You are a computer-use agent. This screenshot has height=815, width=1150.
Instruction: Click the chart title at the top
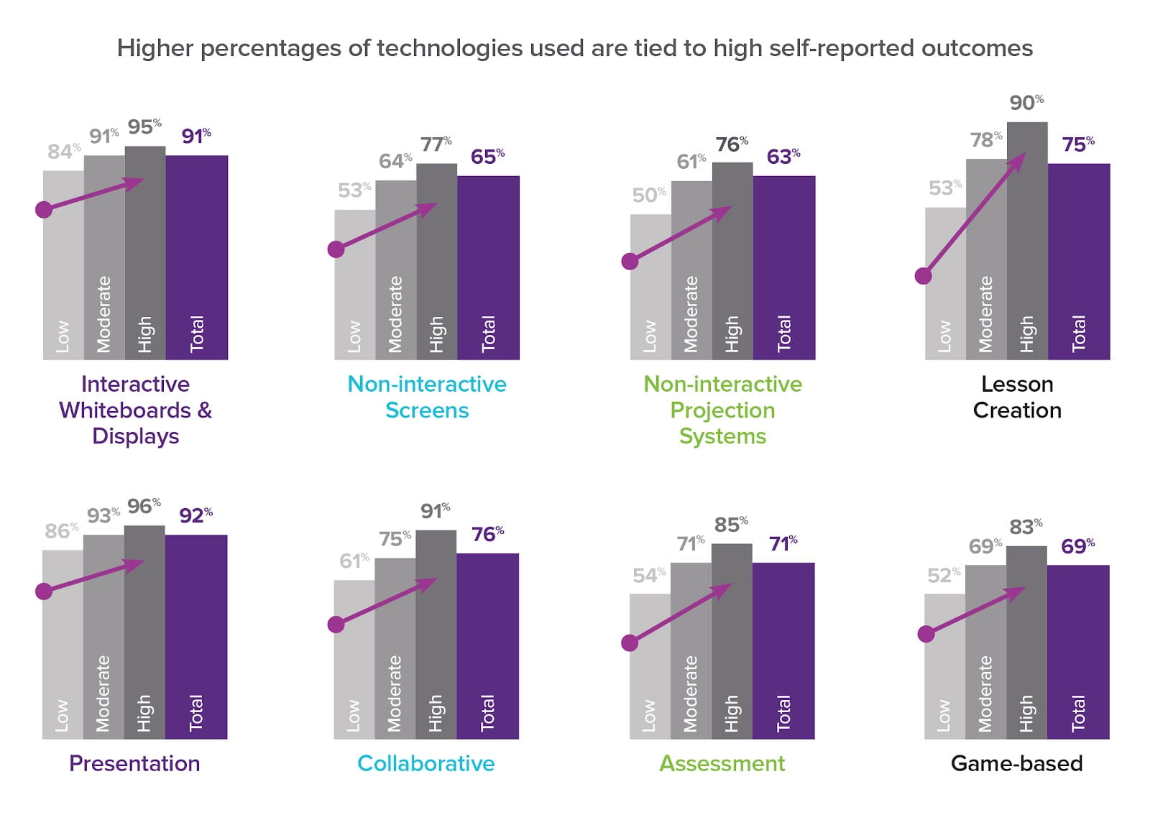click(x=574, y=48)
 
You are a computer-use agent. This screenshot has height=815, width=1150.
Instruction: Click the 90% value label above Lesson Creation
click(x=1026, y=102)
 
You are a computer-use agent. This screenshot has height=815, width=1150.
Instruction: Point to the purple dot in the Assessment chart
click(x=630, y=643)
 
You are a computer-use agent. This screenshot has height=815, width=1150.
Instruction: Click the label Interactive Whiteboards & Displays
click(x=135, y=410)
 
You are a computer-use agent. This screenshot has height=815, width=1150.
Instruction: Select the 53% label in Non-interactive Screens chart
click(x=354, y=190)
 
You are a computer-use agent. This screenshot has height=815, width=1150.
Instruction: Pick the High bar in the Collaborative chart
click(x=436, y=647)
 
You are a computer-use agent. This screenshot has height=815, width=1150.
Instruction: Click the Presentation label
click(x=134, y=763)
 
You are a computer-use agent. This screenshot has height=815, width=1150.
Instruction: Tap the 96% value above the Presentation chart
click(x=144, y=506)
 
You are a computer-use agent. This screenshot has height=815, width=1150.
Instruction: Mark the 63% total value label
click(x=783, y=157)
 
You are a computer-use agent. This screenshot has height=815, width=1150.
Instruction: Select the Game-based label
click(x=1016, y=763)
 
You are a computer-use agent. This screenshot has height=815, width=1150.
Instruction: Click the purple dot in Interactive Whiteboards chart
click(x=44, y=210)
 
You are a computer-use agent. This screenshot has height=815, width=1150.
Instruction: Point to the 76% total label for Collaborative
click(x=487, y=535)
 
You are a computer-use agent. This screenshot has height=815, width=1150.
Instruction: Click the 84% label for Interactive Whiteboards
click(x=63, y=152)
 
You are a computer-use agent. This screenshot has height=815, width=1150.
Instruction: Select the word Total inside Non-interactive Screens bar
click(x=488, y=333)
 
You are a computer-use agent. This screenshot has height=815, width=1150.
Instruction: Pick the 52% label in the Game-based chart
click(x=943, y=576)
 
